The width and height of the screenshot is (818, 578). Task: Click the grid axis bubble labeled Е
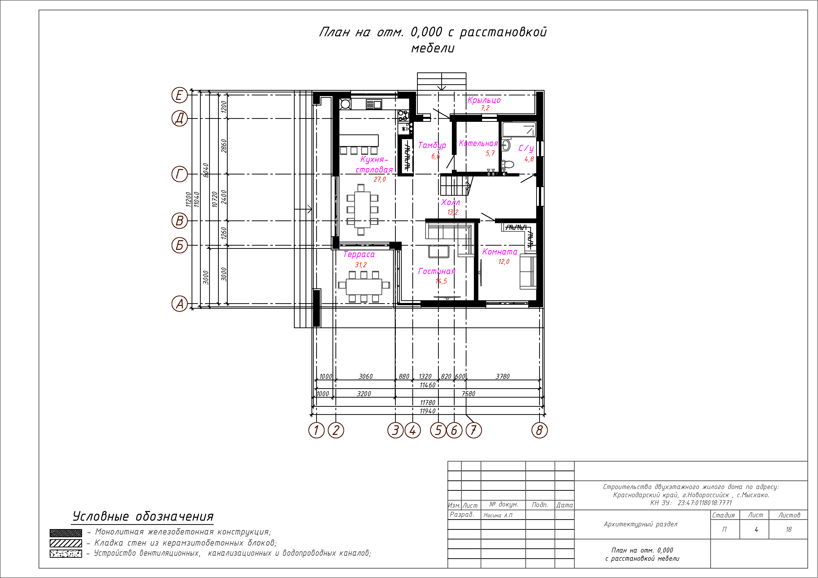[x=179, y=95]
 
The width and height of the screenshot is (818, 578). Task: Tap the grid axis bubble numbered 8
[x=539, y=430]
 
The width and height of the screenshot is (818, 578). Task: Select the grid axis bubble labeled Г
[x=179, y=174]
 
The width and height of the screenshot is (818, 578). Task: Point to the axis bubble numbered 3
[x=395, y=430]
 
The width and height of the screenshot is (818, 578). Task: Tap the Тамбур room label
[x=432, y=145]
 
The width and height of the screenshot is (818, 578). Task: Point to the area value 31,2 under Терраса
[x=360, y=265]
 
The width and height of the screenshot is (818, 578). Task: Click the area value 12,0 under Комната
[x=504, y=261]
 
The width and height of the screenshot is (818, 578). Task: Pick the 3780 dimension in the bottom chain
[x=503, y=376]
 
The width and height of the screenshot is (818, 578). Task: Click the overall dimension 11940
[x=427, y=411]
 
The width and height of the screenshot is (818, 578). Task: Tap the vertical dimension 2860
[x=224, y=146]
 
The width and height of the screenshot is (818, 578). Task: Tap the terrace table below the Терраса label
[x=364, y=287]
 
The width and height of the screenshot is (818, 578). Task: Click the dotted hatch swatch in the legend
[x=66, y=554]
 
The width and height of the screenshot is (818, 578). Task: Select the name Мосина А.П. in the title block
[x=498, y=515]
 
